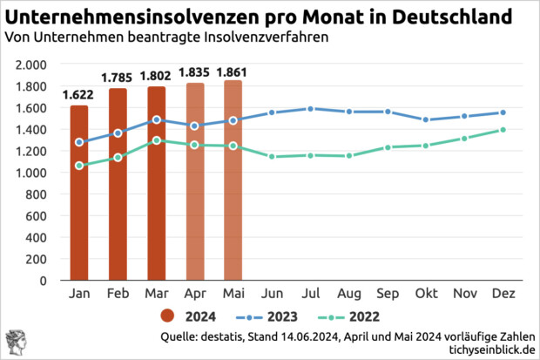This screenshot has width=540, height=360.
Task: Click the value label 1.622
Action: pos(79,95)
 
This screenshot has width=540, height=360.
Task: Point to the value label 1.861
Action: pos(233,71)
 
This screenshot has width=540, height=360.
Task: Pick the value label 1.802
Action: pos(156,76)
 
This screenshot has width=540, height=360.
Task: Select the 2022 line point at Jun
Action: pos(272,157)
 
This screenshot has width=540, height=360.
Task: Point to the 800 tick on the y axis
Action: pos(37,194)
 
